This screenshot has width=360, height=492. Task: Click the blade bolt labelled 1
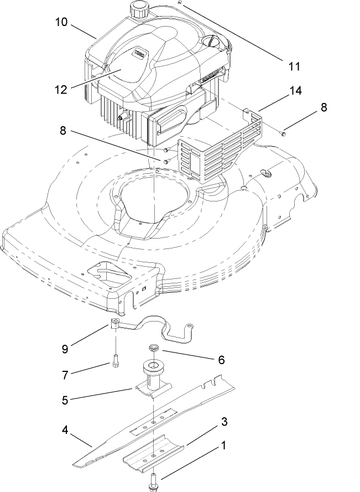tap(153, 480)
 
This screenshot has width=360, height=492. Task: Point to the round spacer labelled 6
tap(153, 348)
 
